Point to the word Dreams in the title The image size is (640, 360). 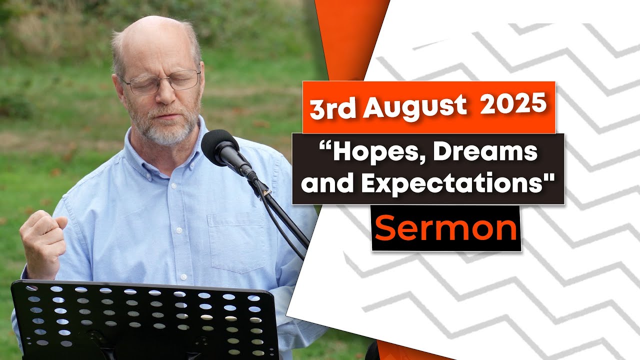coord(485,152)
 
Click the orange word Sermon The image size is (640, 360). coord(446,228)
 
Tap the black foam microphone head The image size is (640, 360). coord(219,147)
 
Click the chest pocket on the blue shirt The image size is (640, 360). coord(237,243)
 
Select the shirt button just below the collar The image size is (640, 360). coord(173,185)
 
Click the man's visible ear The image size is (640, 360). coord(117,87)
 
